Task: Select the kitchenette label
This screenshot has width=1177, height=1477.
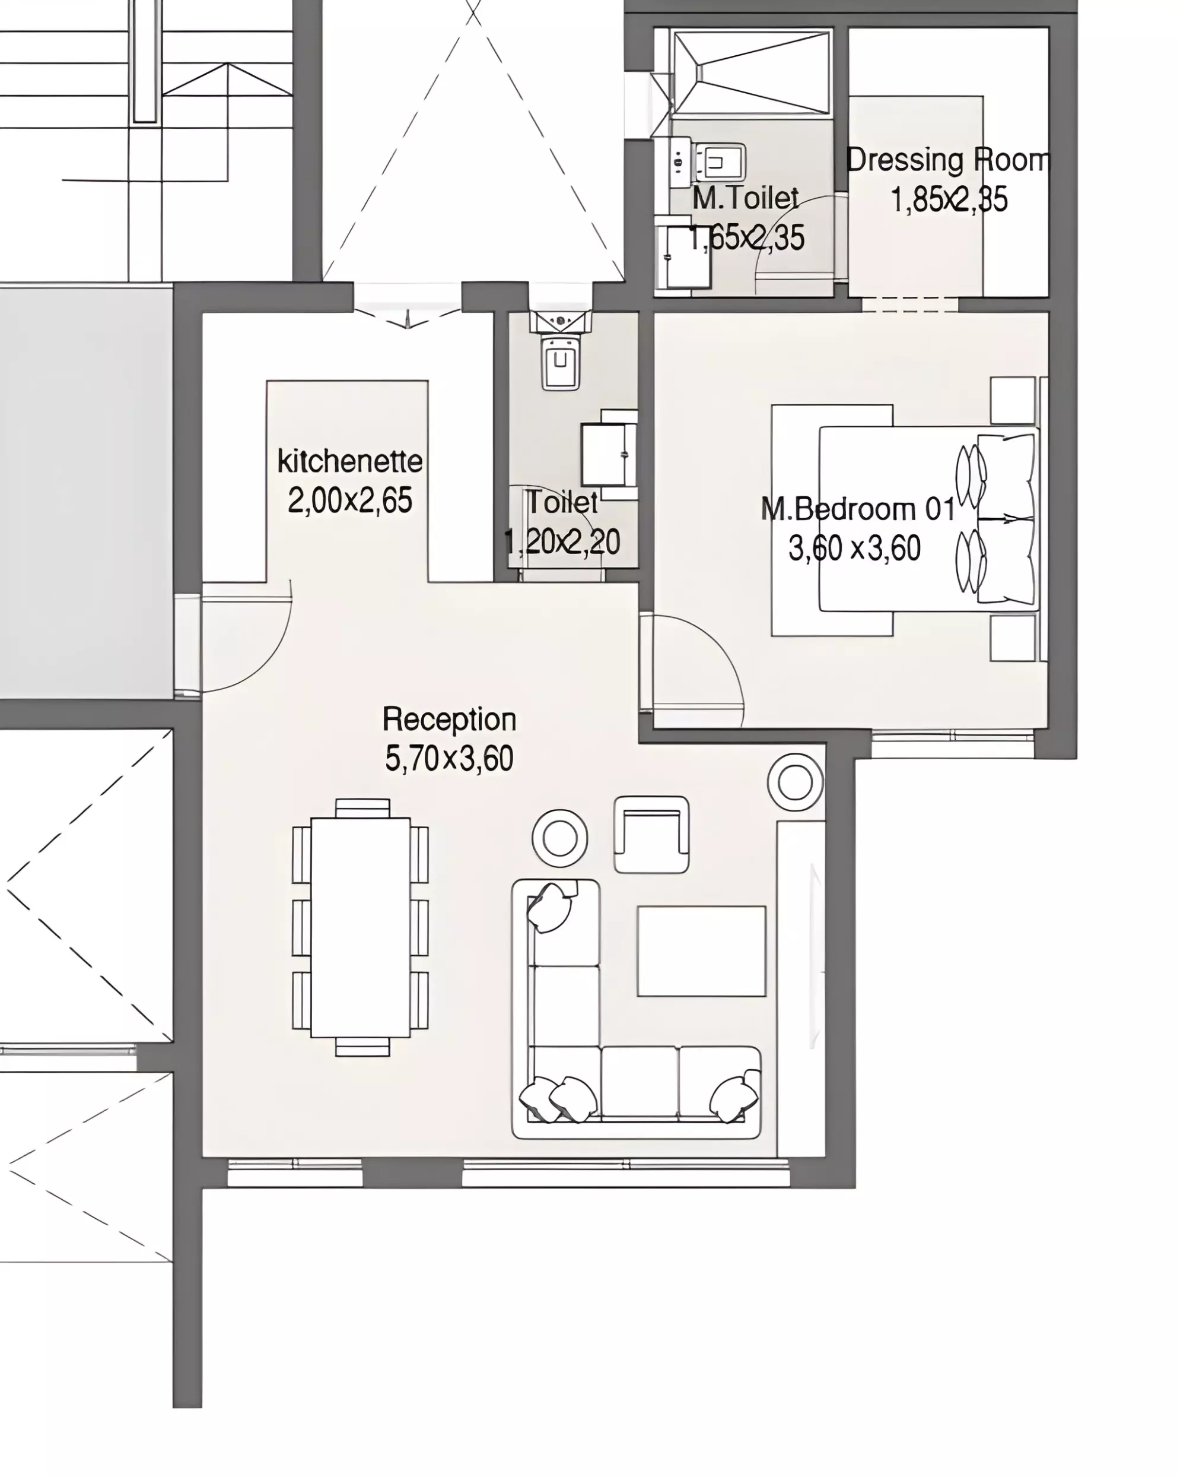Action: coord(350,461)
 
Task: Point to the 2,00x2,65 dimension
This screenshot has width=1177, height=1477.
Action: coord(350,501)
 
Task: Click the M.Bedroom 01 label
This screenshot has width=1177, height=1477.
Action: coord(858,510)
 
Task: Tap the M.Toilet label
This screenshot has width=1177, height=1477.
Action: coord(746,198)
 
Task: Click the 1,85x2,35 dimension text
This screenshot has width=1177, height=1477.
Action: coord(949,199)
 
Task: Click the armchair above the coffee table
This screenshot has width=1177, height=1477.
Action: coord(651,835)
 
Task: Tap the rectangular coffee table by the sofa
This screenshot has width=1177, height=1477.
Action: coord(701,951)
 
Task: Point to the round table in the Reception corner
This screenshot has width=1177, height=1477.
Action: coord(795,782)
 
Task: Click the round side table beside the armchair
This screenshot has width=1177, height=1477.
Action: coord(559,837)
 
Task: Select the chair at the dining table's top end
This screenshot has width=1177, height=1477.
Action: coord(363,808)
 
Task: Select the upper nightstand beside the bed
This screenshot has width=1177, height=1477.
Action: coord(1013,400)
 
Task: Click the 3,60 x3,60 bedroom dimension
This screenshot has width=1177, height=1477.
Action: coord(854,549)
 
